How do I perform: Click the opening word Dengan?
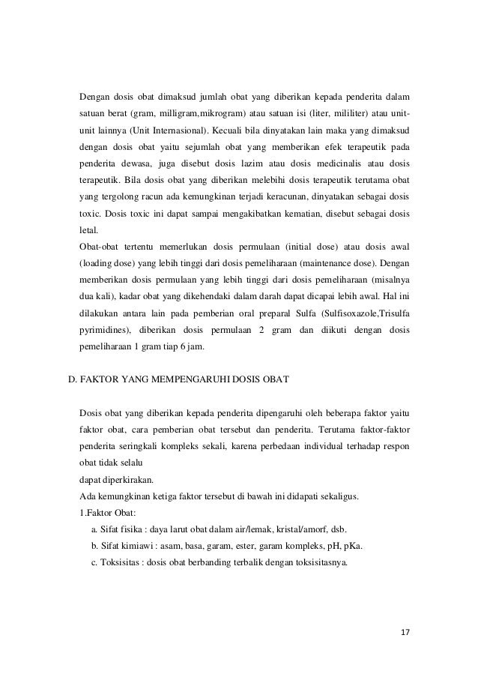95,97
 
